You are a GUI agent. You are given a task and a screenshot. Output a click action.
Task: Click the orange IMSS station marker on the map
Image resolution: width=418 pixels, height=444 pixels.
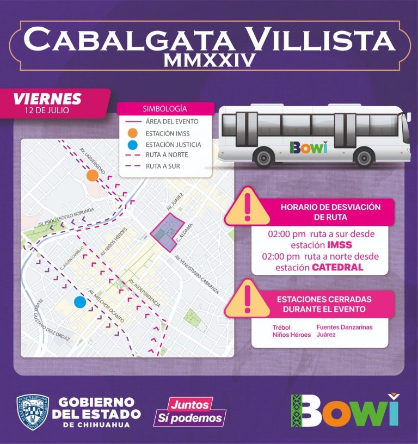click(93, 175)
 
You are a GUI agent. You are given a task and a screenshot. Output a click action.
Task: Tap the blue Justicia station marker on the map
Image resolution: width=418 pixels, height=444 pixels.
click(80, 302)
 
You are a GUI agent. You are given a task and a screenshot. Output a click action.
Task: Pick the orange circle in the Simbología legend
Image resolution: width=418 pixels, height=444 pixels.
click(133, 133)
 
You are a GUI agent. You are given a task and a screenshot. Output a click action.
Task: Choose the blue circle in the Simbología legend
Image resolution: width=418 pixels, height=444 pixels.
click(133, 144)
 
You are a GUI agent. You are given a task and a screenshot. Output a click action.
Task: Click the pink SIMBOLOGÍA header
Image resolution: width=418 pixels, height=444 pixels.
click(164, 108)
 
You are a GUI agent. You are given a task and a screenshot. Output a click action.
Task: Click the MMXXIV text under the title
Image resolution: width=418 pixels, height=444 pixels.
click(210, 60)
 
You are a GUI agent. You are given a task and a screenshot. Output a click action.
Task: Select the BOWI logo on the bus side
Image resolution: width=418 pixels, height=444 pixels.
click(309, 147)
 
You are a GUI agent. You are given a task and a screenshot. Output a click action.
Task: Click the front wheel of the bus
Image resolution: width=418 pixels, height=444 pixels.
click(364, 157)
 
